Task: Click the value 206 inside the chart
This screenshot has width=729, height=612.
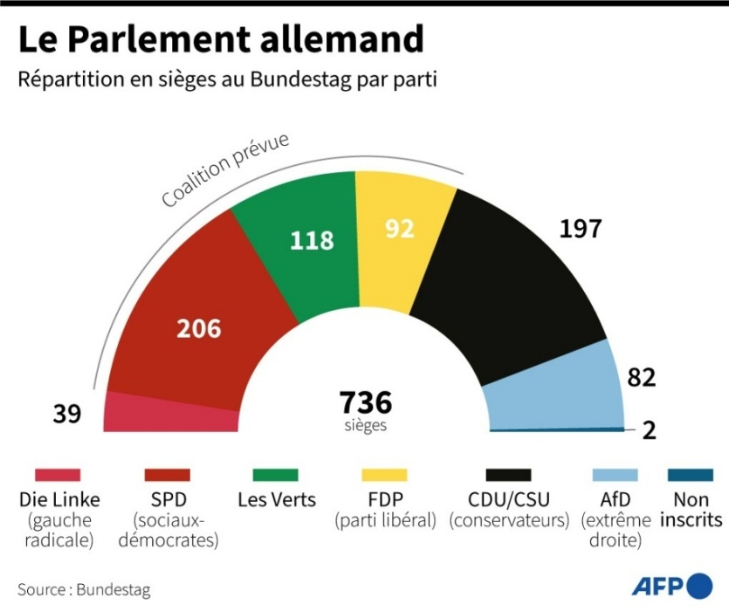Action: [x=199, y=329]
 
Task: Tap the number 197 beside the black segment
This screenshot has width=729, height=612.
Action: [x=580, y=229]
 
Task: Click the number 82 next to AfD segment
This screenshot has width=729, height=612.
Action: [x=641, y=377]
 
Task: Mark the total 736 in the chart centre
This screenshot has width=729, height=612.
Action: [x=365, y=402]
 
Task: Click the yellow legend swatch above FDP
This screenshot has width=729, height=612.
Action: [x=384, y=475]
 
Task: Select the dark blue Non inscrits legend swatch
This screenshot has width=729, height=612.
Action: [x=690, y=475]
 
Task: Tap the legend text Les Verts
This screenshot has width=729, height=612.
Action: [x=277, y=500]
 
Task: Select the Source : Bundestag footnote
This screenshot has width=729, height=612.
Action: [x=84, y=590]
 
